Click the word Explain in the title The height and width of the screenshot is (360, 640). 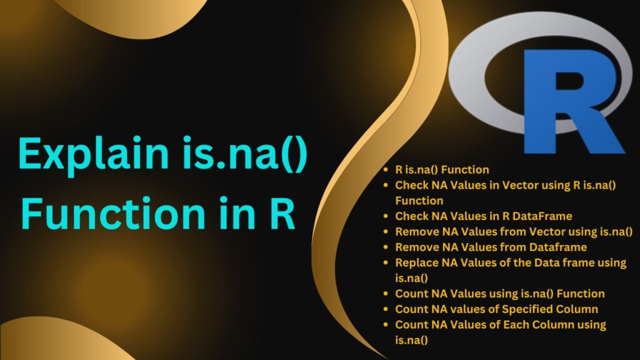94,154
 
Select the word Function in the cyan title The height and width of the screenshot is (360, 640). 113,213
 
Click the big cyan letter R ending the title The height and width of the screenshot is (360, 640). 282,214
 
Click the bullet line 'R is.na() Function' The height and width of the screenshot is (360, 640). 442,169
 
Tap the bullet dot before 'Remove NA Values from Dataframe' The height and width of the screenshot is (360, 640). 386,247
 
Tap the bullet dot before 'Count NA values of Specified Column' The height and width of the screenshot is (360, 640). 386,309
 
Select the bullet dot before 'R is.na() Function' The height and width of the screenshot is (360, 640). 386,170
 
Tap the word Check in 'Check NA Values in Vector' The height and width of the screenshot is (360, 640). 412,185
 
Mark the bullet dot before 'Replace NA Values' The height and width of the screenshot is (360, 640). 386,263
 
